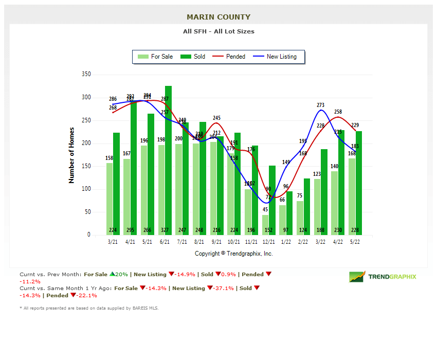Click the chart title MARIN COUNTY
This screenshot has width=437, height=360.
pos(219,17)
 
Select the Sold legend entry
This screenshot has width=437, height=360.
pos(193,57)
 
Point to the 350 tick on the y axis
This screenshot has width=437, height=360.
pos(86,75)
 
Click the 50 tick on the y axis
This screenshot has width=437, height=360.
pos(87,212)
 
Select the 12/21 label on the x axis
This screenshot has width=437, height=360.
pos(268,241)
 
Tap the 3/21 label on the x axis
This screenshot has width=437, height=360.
pos(113,241)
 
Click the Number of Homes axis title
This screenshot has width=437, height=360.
pos(71,155)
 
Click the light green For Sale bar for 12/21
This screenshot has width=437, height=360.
pos(265,225)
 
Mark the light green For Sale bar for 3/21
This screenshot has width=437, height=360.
pos(110,199)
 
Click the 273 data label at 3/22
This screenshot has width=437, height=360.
pos(321,105)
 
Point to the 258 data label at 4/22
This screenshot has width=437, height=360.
pos(338,112)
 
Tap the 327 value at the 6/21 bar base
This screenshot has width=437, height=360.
pos(165,230)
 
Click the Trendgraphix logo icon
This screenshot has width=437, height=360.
pos(357,277)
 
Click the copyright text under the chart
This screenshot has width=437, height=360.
pos(233,254)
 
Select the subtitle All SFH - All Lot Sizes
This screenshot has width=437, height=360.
pos(219,31)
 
